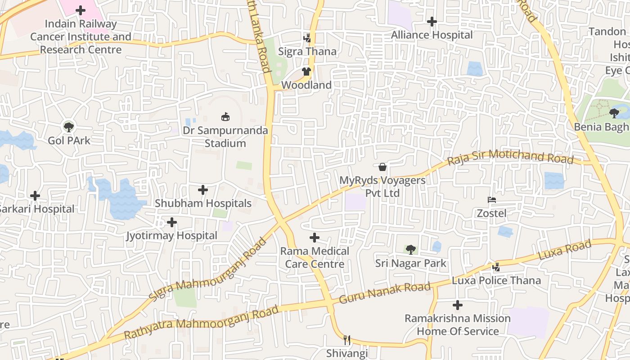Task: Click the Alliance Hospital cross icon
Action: coord(432,21)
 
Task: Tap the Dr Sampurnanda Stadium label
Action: coord(225,137)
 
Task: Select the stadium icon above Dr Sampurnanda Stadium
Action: coord(225,117)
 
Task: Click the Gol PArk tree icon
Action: coord(68,127)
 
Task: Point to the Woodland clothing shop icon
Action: coord(306,71)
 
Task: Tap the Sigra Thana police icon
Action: coord(307,38)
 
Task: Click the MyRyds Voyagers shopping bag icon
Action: coord(382,167)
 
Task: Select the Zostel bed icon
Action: coord(491,199)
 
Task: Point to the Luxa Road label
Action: coord(564,250)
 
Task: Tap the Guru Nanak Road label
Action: coord(385,293)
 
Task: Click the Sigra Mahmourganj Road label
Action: coord(208,270)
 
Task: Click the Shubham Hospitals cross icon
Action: coord(203,190)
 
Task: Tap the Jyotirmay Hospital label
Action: coord(171,235)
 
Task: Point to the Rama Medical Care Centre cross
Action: coord(315,238)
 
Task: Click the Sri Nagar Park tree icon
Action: coord(410,249)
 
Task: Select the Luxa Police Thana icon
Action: coord(496,267)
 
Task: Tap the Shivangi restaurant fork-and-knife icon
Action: coord(346,340)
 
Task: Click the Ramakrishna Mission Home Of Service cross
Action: coord(458,305)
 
